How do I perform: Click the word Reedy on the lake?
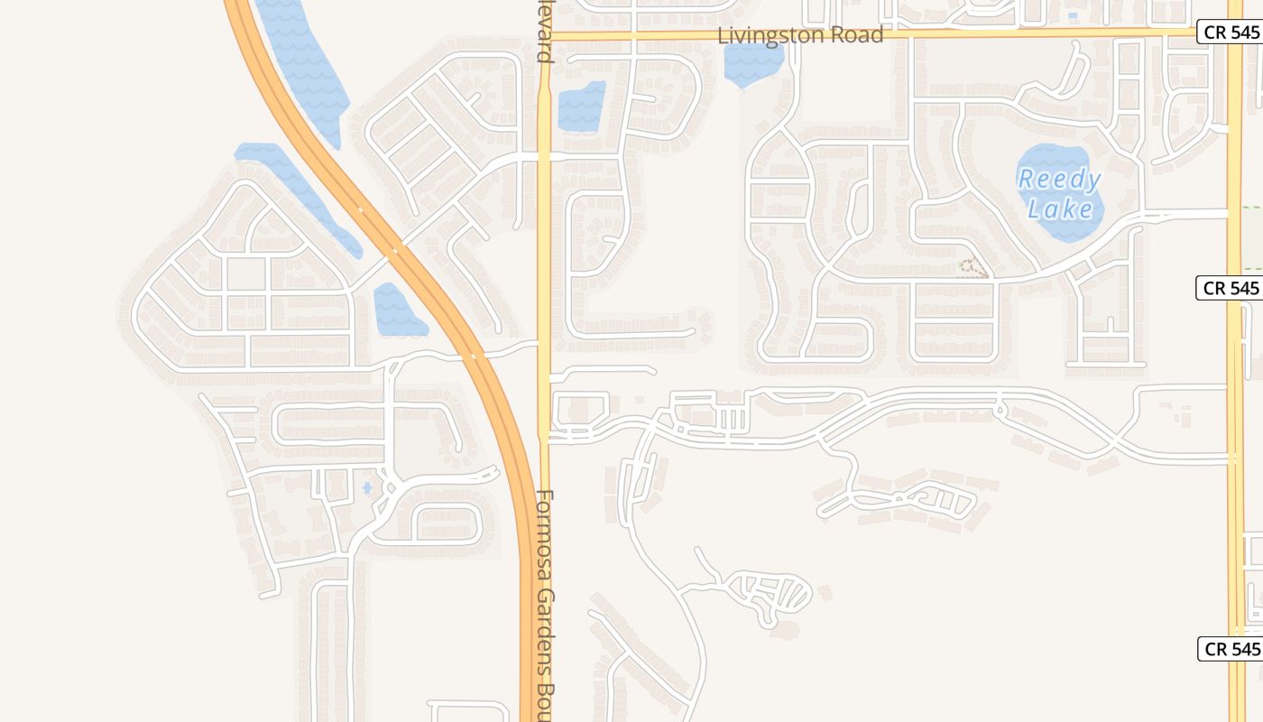tap(1060, 180)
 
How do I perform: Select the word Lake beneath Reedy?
tap(1060, 210)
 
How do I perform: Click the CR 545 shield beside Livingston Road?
tap(1231, 32)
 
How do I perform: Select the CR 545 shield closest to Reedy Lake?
tap(1231, 289)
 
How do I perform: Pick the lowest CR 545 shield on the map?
tap(1231, 649)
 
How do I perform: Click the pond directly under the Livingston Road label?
tap(753, 63)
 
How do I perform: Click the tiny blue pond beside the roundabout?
tap(367, 488)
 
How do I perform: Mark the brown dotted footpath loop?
tap(973, 267)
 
